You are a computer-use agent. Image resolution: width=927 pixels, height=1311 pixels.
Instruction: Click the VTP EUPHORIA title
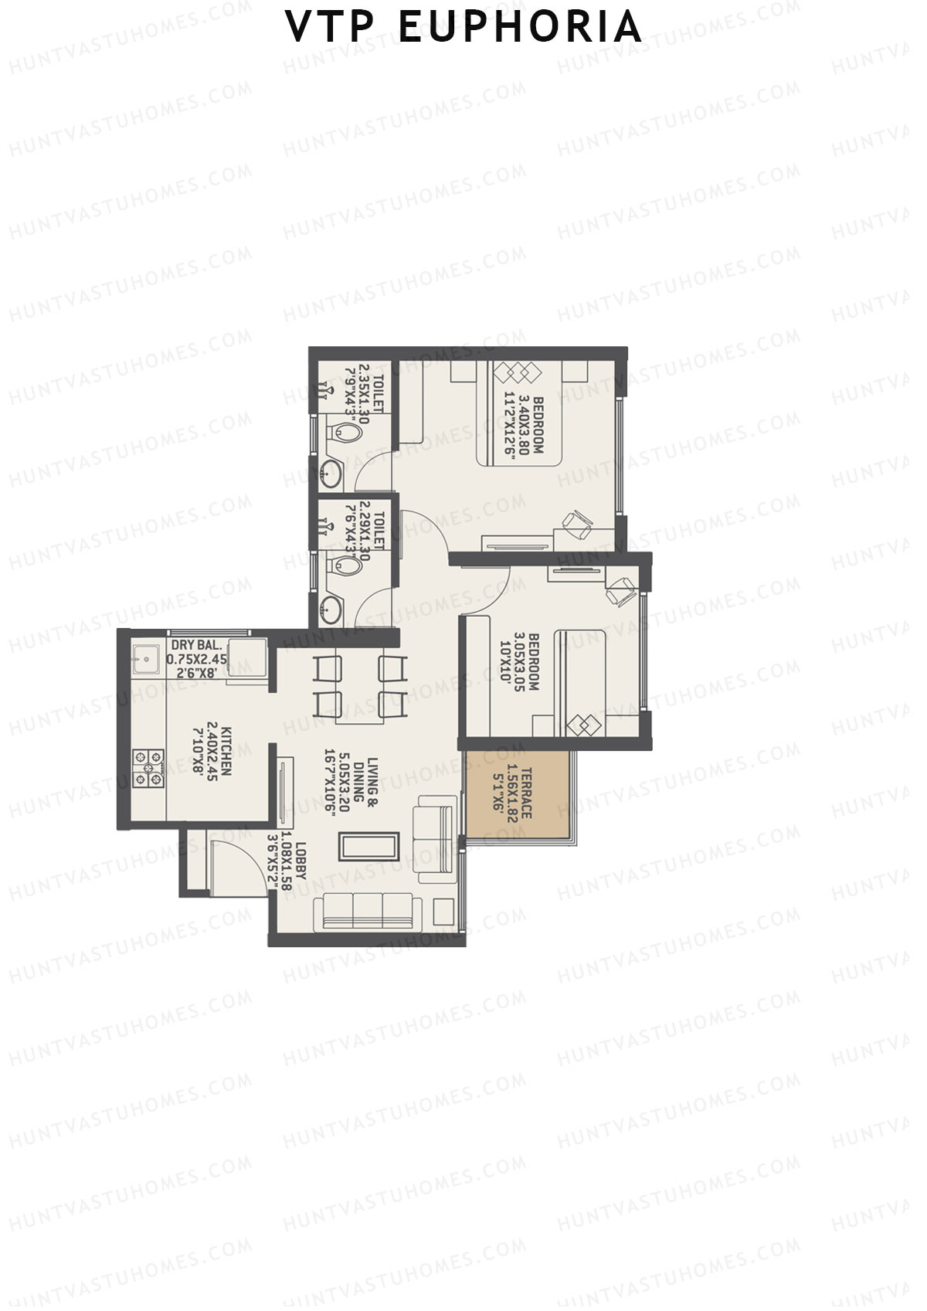463,28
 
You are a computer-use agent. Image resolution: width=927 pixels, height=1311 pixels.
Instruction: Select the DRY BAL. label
197,644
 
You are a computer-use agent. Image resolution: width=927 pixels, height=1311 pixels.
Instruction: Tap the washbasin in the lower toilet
333,607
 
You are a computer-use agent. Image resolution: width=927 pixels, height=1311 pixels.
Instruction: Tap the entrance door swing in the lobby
232,861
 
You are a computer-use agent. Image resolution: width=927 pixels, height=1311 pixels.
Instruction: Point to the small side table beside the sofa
443,911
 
